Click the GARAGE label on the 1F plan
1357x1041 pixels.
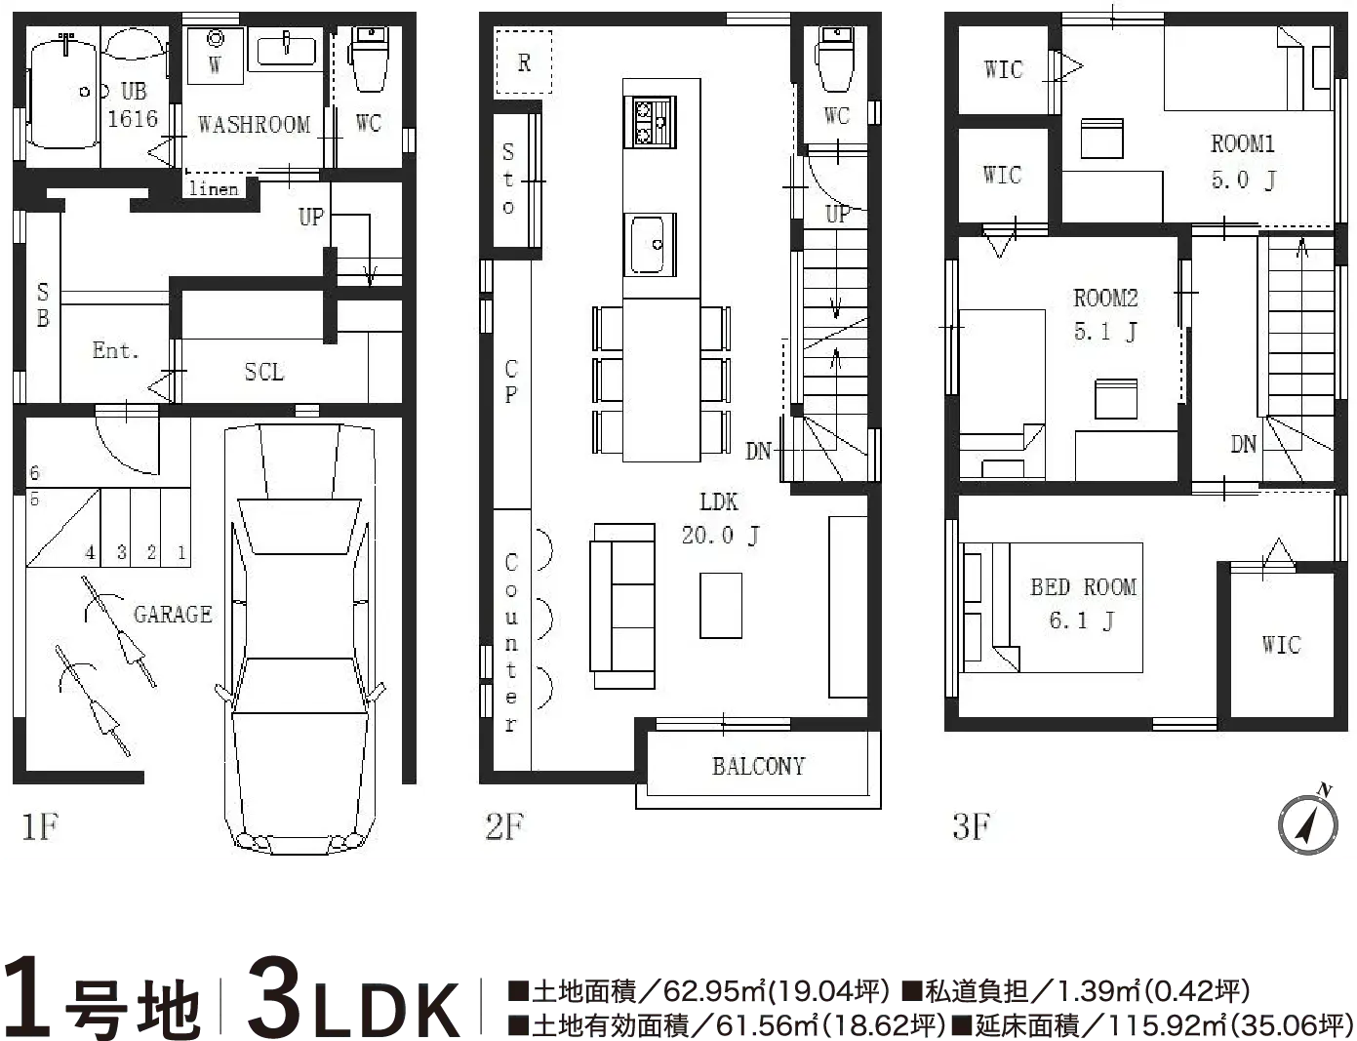173,615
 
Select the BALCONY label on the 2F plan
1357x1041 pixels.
759,766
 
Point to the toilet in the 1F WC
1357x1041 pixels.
370,60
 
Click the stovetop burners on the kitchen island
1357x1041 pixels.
650,122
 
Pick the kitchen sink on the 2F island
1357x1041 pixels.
650,244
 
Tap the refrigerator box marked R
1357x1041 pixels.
524,61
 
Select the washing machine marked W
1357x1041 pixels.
216,56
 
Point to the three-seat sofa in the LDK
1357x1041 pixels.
622,607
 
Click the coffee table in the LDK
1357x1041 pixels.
721,606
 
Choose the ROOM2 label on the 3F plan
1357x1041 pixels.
1105,298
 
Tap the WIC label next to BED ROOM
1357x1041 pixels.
1282,645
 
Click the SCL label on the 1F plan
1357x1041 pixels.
264,372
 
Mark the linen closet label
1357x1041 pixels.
214,188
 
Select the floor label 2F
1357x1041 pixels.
505,826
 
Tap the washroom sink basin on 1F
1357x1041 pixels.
287,48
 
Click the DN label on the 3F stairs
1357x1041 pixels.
1243,444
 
